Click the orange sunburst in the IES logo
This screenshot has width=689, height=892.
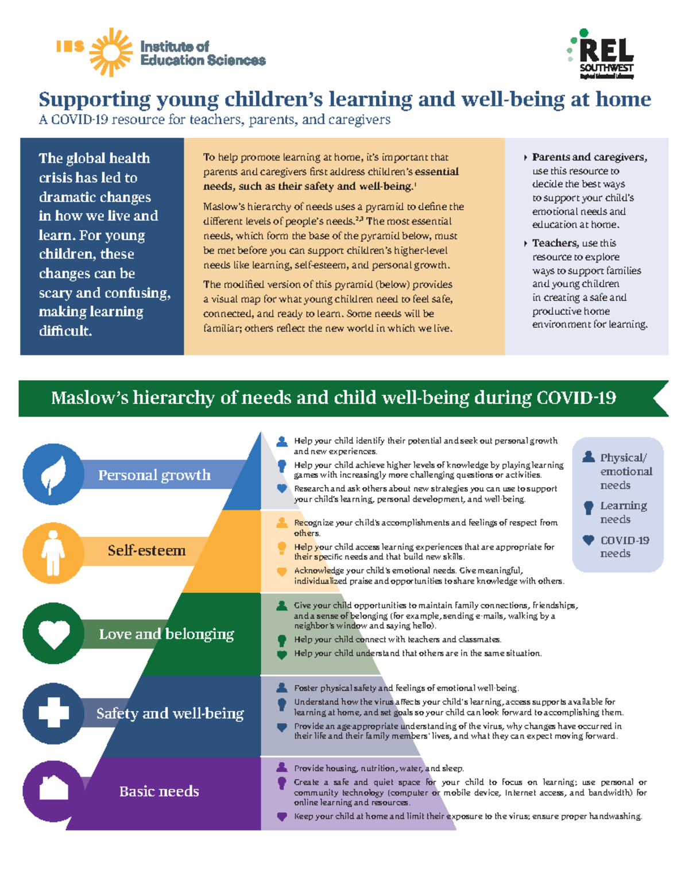pos(111,52)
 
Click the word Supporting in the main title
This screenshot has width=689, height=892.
pos(94,99)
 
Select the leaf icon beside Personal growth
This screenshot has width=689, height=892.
pos(53,474)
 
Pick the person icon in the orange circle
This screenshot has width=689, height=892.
pos(53,552)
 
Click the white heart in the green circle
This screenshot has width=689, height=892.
pos(53,634)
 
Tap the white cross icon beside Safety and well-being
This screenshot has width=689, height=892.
pos(53,713)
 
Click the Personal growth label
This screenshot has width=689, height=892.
pos(154,475)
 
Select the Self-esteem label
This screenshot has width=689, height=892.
pos(146,550)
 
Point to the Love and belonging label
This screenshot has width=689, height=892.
pos(167,634)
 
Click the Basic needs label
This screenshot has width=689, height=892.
pos(159,791)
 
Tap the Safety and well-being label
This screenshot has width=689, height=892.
pos(170,713)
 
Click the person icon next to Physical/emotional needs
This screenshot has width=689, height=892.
pos(589,457)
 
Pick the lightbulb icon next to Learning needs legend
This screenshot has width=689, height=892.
pos(589,507)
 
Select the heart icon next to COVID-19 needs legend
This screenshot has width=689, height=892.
pos(589,540)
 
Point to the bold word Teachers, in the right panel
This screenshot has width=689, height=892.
pos(553,243)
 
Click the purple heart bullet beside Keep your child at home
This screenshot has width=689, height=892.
pos(282,816)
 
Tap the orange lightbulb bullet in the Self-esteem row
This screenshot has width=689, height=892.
pos(282,547)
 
